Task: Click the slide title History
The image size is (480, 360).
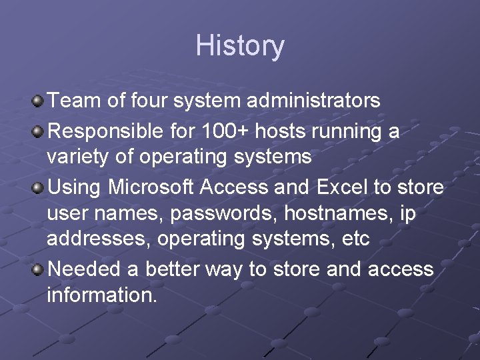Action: [240, 46]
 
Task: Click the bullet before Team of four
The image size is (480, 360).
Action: [38, 101]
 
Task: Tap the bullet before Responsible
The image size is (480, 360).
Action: [38, 131]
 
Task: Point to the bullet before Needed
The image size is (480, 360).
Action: [38, 270]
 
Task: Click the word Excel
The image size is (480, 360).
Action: [339, 188]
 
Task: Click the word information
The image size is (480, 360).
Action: [102, 295]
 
